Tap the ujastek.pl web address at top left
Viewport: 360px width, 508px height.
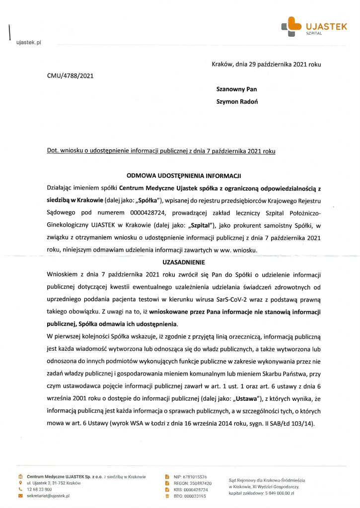point(28,43)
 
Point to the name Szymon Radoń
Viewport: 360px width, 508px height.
point(237,102)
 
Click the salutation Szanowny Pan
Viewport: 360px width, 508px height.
point(236,89)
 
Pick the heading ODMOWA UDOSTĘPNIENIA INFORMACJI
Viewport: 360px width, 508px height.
point(184,176)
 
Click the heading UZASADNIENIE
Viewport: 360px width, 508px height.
point(184,261)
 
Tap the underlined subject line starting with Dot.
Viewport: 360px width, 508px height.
point(161,150)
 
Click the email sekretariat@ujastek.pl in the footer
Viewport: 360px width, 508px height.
point(48,496)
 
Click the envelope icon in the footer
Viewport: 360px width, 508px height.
point(20,496)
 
